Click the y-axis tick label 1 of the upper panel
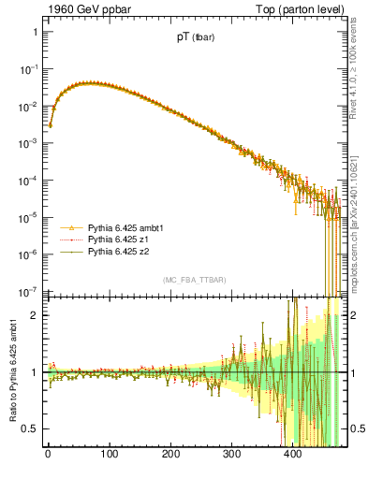[34, 33]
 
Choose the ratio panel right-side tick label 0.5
[357, 428]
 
